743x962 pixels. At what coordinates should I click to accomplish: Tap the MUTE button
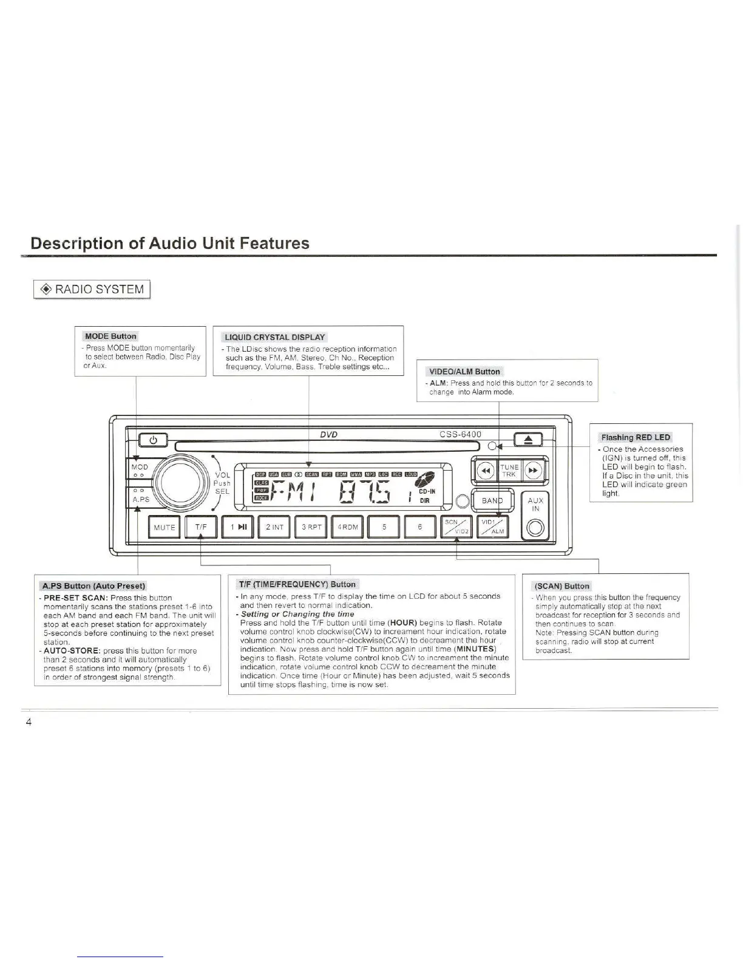[164, 527]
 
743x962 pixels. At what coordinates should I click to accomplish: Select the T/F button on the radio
[201, 527]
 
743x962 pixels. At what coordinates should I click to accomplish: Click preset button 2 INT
[274, 527]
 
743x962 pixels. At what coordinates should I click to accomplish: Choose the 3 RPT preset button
[311, 527]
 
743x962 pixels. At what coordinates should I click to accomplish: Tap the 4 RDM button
[348, 527]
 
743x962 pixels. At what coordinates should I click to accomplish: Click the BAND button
[493, 501]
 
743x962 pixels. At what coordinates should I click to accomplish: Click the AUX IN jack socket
[535, 528]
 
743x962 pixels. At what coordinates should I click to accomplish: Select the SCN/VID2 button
[456, 527]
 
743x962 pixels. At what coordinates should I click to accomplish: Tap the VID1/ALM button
[493, 527]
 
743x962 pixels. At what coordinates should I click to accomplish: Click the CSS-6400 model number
[460, 434]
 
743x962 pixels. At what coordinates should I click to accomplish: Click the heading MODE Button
[110, 336]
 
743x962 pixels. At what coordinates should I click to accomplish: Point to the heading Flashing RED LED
[636, 437]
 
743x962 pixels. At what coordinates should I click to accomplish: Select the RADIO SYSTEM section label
[92, 289]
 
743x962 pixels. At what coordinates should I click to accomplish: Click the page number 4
[28, 722]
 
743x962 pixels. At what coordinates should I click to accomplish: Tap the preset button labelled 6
[419, 527]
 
